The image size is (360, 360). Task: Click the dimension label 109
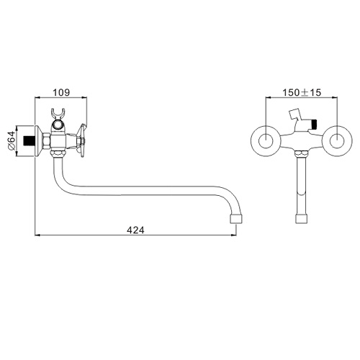[x=61, y=92]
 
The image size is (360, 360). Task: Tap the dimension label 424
[x=135, y=230]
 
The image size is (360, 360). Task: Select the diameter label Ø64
[x=12, y=141]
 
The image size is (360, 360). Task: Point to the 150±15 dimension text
[x=302, y=92]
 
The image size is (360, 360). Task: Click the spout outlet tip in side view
[x=236, y=219]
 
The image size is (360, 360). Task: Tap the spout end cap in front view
[x=302, y=219]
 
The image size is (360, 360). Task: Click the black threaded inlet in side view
[x=30, y=141]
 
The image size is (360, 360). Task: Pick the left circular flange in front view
[x=266, y=140]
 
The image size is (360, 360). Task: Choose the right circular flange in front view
[x=337, y=140]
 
